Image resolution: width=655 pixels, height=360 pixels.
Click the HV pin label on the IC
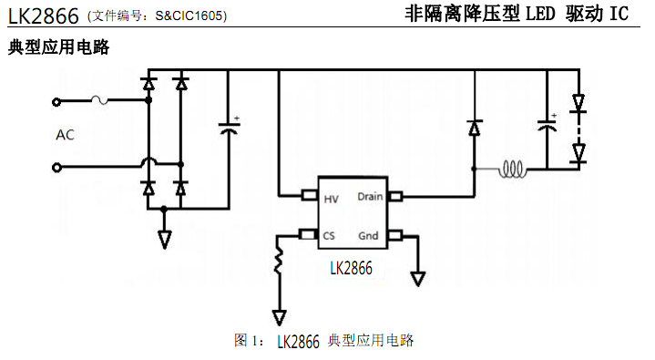point(332,196)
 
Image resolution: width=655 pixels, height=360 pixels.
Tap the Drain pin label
point(369,196)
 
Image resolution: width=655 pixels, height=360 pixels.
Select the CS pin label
point(329,235)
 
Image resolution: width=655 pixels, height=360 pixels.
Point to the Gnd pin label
point(367,235)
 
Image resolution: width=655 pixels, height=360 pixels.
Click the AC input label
point(66,135)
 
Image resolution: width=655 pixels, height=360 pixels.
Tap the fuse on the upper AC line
point(101,101)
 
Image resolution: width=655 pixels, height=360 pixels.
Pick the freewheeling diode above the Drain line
point(474,129)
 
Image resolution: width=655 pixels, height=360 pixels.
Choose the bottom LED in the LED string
point(578,154)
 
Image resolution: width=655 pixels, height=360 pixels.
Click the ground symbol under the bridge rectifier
point(164,239)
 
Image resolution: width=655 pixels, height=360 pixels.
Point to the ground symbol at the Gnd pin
point(418,278)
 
